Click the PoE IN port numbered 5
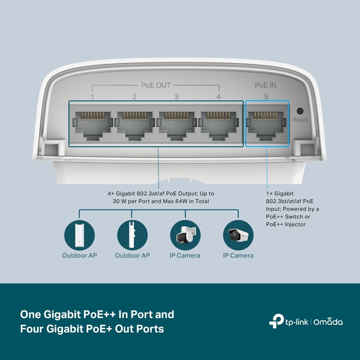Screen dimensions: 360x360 [266, 124]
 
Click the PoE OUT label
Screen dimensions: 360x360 [156, 85]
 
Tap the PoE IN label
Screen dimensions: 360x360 [266, 85]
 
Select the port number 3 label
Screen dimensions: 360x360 [176, 96]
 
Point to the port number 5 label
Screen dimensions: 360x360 [266, 96]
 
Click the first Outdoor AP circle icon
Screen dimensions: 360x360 [79, 236]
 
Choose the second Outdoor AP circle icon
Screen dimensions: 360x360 [132, 236]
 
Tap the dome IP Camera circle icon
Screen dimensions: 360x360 [185, 236]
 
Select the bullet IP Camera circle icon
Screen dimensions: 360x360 [238, 236]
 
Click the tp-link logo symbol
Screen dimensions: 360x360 [275, 321]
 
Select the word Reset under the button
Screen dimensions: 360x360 [300, 120]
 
